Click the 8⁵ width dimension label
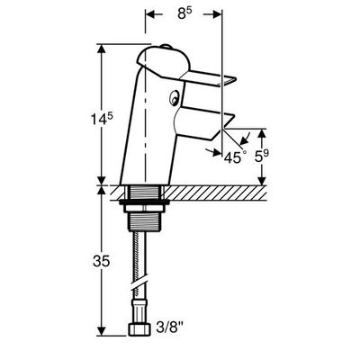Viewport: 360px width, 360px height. click(x=184, y=13)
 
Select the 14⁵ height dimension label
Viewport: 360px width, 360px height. click(x=102, y=119)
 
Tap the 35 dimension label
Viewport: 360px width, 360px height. click(x=101, y=261)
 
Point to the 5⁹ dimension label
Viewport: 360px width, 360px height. click(x=262, y=156)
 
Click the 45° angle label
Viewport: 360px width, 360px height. click(x=235, y=157)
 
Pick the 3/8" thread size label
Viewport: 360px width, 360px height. click(x=170, y=327)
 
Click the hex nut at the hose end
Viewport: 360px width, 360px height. click(x=140, y=329)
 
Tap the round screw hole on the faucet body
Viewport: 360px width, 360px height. click(x=174, y=98)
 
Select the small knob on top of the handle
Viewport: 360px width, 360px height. click(x=165, y=47)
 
